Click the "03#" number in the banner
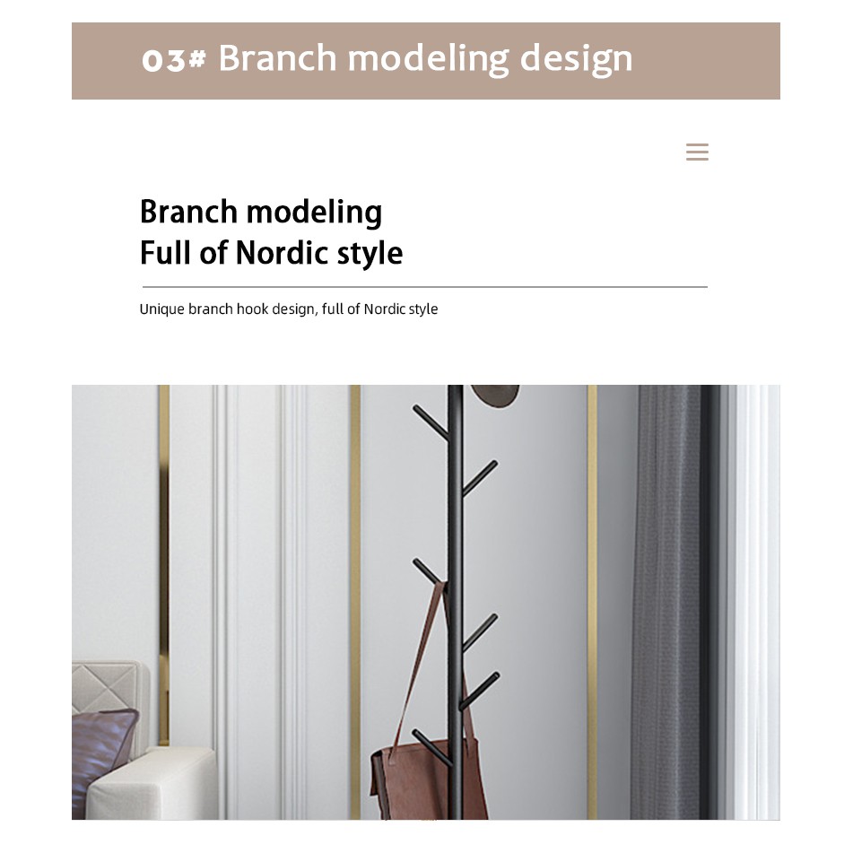tap(173, 59)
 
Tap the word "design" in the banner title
tap(576, 59)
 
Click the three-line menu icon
tap(697, 152)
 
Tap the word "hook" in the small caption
tap(252, 309)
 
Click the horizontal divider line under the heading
tap(425, 287)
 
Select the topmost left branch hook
tap(431, 422)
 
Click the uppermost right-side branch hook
tap(479, 478)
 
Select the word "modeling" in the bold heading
tap(315, 212)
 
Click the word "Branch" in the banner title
tap(277, 57)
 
